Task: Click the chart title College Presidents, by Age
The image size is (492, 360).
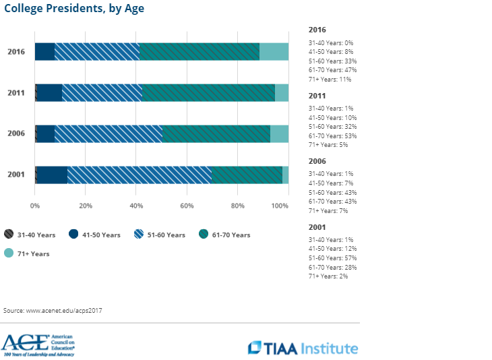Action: point(74,9)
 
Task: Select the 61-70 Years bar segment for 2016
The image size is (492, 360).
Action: point(199,51)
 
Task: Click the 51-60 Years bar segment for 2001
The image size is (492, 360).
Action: point(140,175)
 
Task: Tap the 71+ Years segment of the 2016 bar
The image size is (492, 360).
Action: point(274,51)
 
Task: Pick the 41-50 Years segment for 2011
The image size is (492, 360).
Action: point(49,92)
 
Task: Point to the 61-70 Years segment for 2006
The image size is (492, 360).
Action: point(216,133)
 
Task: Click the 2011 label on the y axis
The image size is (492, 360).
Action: point(16,92)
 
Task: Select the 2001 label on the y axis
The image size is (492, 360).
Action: point(16,175)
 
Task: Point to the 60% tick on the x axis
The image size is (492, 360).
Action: point(187,206)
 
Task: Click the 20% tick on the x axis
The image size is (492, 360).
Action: point(86,206)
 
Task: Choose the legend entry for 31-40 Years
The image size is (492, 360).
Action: point(31,235)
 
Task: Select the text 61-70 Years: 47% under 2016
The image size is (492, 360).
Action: point(332,69)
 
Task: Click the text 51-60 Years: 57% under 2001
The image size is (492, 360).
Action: point(332,258)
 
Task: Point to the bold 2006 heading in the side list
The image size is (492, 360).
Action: point(317,162)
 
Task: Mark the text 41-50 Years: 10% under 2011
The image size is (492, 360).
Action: point(332,117)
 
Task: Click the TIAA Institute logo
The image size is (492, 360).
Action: point(303,348)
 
